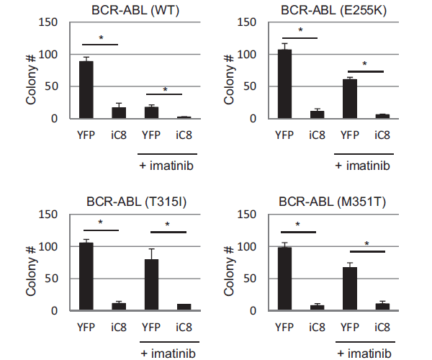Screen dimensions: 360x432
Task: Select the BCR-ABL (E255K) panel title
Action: (331, 9)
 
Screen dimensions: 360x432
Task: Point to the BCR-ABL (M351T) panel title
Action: (331, 202)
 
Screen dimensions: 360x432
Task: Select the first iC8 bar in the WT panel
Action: (119, 113)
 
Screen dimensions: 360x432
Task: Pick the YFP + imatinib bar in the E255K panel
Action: (350, 99)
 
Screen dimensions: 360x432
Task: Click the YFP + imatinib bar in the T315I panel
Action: (152, 285)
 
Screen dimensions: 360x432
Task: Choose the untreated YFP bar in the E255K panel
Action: (284, 84)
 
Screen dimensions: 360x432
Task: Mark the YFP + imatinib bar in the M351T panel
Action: (351, 289)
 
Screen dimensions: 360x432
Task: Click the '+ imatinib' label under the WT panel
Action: (168, 165)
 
